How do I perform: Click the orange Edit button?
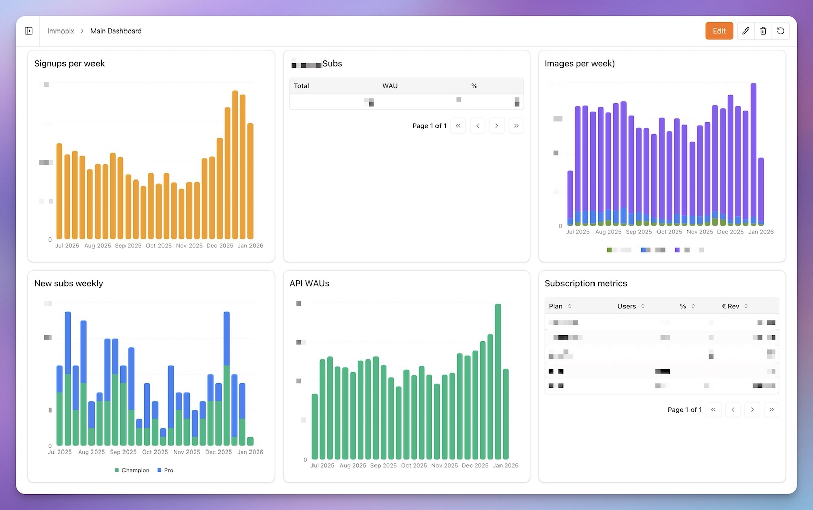[x=719, y=31]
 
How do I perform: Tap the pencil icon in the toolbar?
[x=745, y=31]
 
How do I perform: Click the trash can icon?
[x=763, y=31]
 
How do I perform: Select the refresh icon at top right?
[x=780, y=31]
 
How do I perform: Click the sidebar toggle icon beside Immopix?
[x=29, y=31]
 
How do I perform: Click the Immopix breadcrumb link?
[x=60, y=31]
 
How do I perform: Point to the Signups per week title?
[x=69, y=64]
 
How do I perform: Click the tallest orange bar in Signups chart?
[x=235, y=163]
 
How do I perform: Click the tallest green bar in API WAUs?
[x=498, y=381]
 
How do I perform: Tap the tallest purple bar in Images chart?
[x=753, y=153]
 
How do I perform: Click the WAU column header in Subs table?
[x=390, y=86]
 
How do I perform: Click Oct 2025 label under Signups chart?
[x=159, y=246]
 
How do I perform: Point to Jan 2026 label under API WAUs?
[x=506, y=466]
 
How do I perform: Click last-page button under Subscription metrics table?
[x=771, y=410]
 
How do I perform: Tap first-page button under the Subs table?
[x=458, y=126]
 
